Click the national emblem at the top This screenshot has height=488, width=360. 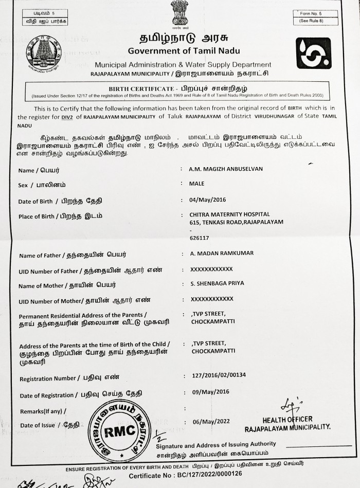click(x=179, y=14)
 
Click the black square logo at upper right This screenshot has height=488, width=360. click(x=313, y=53)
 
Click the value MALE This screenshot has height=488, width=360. click(x=197, y=184)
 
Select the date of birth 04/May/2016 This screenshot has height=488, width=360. click(x=208, y=200)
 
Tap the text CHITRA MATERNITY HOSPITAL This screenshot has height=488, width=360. click(x=230, y=214)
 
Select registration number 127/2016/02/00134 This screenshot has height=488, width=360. click(x=219, y=375)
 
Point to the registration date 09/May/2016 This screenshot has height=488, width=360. click(x=210, y=392)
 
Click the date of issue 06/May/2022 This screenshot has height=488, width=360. click(x=210, y=422)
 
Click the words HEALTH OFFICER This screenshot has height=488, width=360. click(x=287, y=420)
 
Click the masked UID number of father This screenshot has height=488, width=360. click(x=211, y=269)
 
